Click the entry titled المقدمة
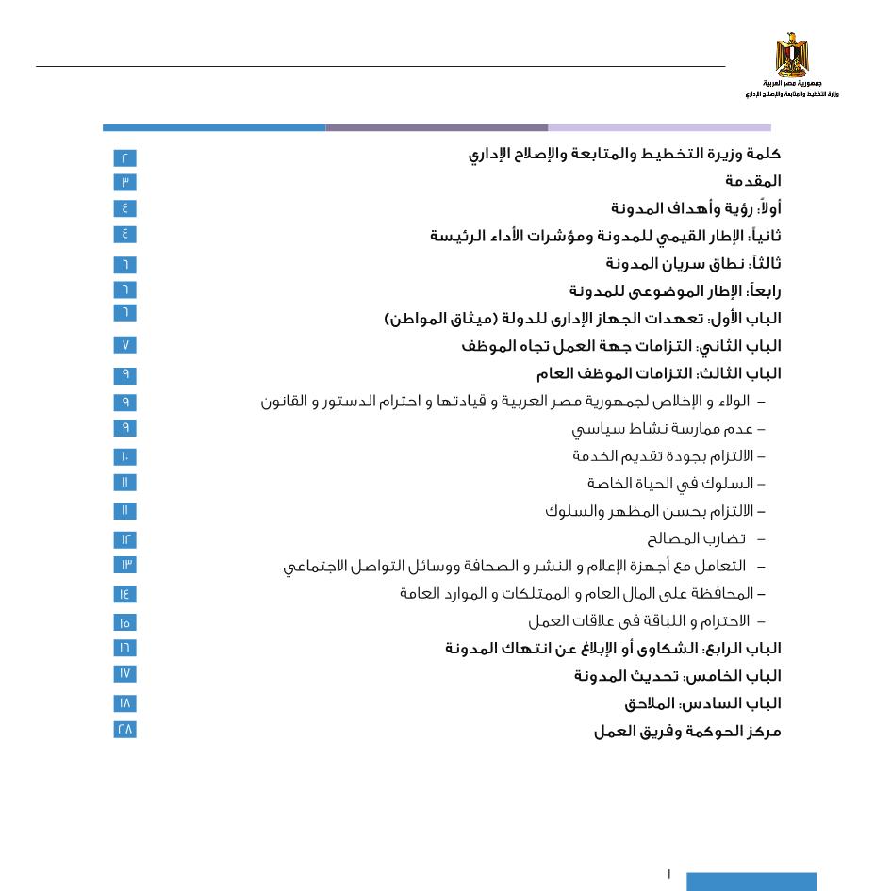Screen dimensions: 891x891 [x=752, y=181]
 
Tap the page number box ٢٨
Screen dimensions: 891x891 [x=124, y=729]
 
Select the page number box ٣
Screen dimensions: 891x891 [x=124, y=182]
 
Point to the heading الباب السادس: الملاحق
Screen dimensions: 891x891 [x=701, y=703]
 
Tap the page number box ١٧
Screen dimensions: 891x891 [x=124, y=673]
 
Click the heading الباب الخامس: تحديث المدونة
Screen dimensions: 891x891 [x=677, y=676]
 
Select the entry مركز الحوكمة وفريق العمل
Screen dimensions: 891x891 [x=686, y=731]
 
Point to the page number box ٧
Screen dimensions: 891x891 [x=124, y=345]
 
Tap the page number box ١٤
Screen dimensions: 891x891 [x=124, y=594]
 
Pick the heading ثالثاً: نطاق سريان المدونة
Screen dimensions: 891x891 [x=692, y=264]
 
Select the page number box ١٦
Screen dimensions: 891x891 [x=124, y=648]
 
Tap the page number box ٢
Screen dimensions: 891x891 [x=124, y=157]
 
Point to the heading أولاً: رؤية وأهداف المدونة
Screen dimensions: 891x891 [x=695, y=208]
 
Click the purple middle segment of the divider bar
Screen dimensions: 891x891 [x=437, y=127]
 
